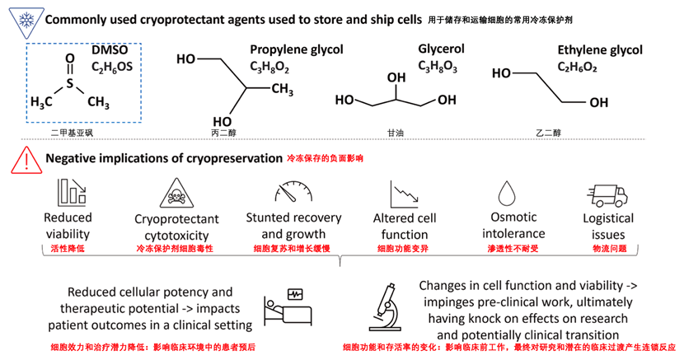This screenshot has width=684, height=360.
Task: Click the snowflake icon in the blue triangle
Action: pyautogui.click(x=26, y=21)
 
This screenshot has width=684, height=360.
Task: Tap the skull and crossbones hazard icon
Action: pyautogui.click(x=176, y=194)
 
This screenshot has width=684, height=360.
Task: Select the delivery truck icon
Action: pyautogui.click(x=607, y=196)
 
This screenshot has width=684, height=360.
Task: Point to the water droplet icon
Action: pyautogui.click(x=507, y=193)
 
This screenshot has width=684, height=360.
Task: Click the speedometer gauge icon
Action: pyautogui.click(x=293, y=192)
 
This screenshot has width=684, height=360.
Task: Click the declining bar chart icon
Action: pyautogui.click(x=72, y=192)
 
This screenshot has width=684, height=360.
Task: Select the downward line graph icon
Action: pyautogui.click(x=405, y=194)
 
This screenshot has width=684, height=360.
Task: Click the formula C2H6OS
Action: pyautogui.click(x=112, y=67)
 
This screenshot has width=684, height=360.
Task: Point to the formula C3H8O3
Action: pyautogui.click(x=438, y=66)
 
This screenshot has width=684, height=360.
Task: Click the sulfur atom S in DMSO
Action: pyautogui.click(x=70, y=83)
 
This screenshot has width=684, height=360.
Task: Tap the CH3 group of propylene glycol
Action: pyautogui.click(x=282, y=89)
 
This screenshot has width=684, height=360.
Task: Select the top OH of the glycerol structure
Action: pyautogui.click(x=396, y=77)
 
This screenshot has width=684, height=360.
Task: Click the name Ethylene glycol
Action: pyautogui.click(x=600, y=50)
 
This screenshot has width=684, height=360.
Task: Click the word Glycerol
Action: pyautogui.click(x=441, y=49)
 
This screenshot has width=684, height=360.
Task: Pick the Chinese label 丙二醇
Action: pyautogui.click(x=223, y=133)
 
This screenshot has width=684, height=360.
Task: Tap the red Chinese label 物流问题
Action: pyautogui.click(x=609, y=249)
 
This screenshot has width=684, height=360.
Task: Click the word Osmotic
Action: pyautogui.click(x=513, y=217)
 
